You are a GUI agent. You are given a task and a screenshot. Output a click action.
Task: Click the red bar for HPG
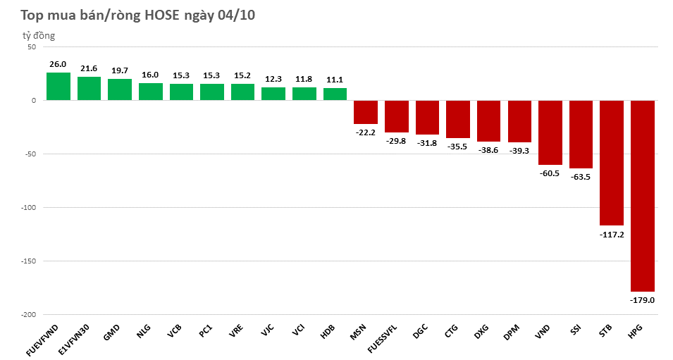point(642,196)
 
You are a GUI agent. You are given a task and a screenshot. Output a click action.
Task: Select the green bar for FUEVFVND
point(58,87)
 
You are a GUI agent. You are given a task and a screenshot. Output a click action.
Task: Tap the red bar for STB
point(611,163)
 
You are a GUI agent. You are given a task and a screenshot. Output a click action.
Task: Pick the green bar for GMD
point(120,89)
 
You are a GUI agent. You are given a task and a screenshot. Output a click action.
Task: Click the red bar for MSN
point(365,112)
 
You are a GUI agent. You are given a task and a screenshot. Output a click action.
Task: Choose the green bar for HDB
point(335,94)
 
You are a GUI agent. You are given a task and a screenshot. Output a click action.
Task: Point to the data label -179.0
point(642,299)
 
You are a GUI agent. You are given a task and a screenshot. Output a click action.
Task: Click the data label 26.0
point(58,64)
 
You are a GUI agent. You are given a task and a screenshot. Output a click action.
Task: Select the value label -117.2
point(611,234)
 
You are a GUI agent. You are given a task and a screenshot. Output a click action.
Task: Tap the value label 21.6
point(89,68)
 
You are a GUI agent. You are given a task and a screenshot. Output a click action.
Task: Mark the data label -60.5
point(550,173)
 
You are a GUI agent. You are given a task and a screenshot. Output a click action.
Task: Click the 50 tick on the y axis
point(31,47)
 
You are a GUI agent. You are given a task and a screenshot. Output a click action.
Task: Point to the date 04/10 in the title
point(236,15)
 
